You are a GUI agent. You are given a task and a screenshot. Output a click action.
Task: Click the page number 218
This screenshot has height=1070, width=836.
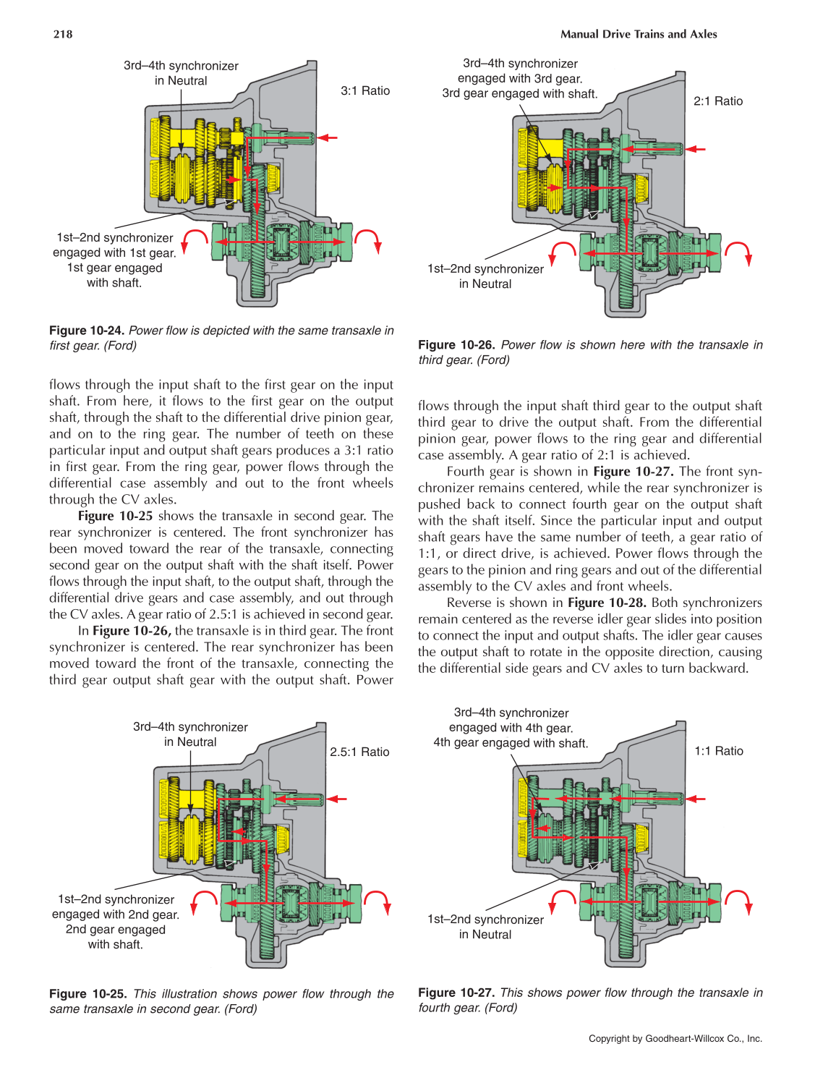click(63, 34)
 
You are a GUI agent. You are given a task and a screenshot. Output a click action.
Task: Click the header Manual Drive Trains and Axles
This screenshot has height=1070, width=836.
click(639, 34)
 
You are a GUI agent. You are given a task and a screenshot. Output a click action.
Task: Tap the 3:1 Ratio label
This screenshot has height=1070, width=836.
click(365, 91)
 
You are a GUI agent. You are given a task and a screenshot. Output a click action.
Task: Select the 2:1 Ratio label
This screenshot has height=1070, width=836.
click(717, 101)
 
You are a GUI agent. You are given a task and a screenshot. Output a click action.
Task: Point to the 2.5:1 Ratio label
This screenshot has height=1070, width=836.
click(359, 752)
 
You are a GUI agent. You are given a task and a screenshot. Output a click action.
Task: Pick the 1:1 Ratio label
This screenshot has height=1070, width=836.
click(718, 751)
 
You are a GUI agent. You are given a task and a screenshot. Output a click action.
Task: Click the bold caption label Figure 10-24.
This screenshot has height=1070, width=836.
click(87, 331)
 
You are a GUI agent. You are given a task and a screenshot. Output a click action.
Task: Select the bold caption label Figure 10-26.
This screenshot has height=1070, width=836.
click(456, 345)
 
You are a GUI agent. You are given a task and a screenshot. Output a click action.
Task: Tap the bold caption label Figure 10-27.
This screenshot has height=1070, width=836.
click(456, 993)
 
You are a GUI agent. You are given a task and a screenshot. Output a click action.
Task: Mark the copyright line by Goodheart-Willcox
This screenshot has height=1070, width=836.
click(675, 1038)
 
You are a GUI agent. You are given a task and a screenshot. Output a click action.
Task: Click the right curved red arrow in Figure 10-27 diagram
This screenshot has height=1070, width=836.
click(739, 902)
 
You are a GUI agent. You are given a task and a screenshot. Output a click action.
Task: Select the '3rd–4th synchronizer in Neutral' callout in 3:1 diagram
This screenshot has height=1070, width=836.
click(181, 73)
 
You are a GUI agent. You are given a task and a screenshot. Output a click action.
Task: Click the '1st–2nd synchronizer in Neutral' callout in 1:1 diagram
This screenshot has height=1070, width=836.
click(485, 927)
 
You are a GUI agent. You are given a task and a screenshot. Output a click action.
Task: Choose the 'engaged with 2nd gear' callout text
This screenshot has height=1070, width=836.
click(115, 914)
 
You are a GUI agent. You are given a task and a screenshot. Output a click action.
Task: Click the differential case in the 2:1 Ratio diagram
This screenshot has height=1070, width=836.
click(648, 253)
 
